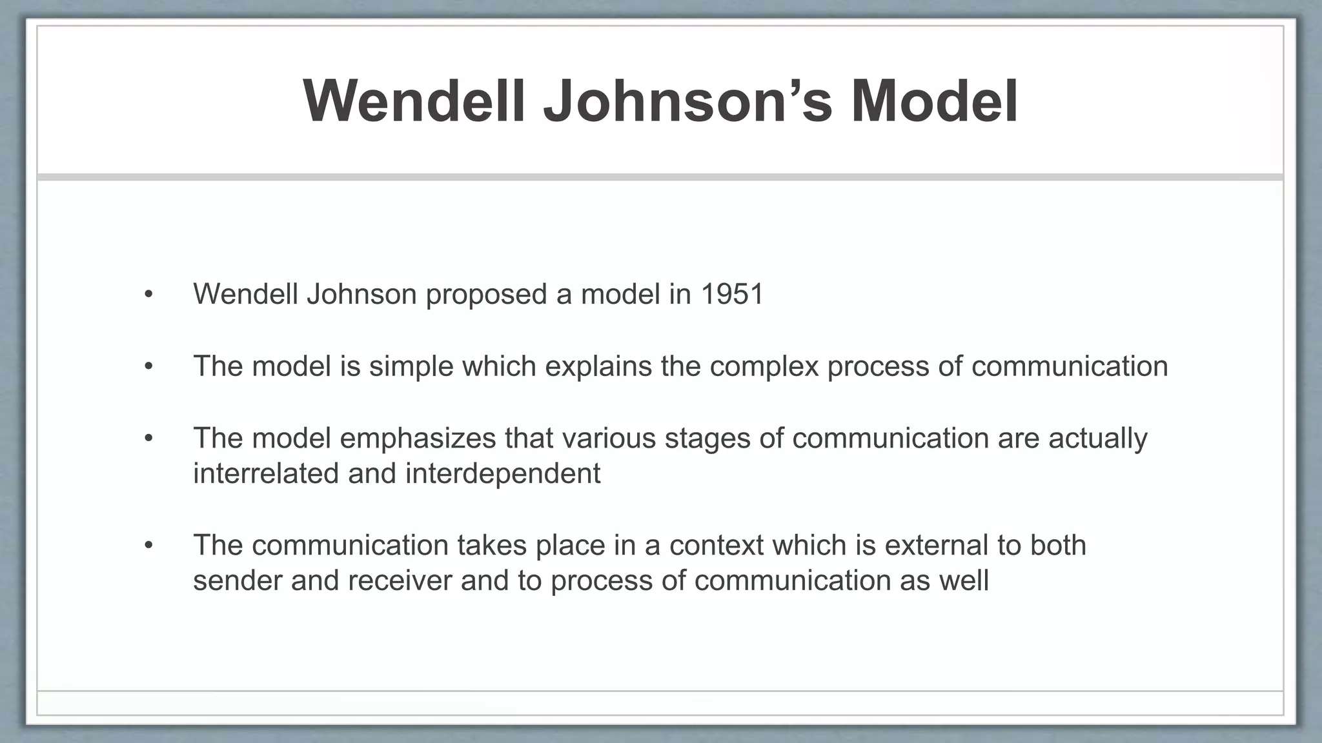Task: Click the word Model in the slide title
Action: tap(934, 102)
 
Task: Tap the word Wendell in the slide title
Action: tap(414, 102)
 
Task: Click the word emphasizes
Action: tap(427, 439)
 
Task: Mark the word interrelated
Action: tap(266, 473)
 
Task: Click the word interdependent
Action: tap(503, 474)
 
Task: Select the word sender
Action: tap(238, 580)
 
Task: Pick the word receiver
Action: tap(400, 580)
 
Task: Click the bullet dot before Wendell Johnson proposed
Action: tap(149, 295)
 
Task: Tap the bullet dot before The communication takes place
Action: tap(149, 546)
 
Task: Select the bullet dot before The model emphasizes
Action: tap(149, 439)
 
